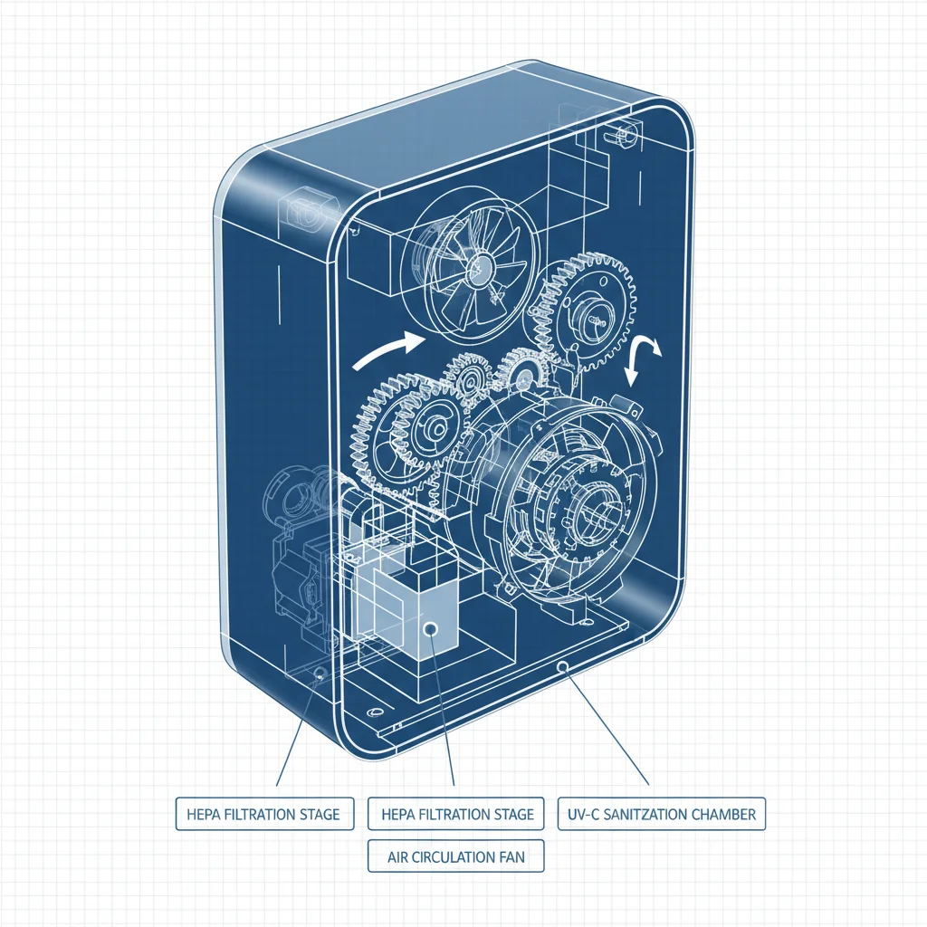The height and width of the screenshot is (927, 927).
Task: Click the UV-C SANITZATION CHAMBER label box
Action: [x=662, y=813]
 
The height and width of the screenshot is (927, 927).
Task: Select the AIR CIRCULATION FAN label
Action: [x=456, y=855]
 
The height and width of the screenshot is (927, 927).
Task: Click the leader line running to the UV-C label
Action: [x=607, y=724]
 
